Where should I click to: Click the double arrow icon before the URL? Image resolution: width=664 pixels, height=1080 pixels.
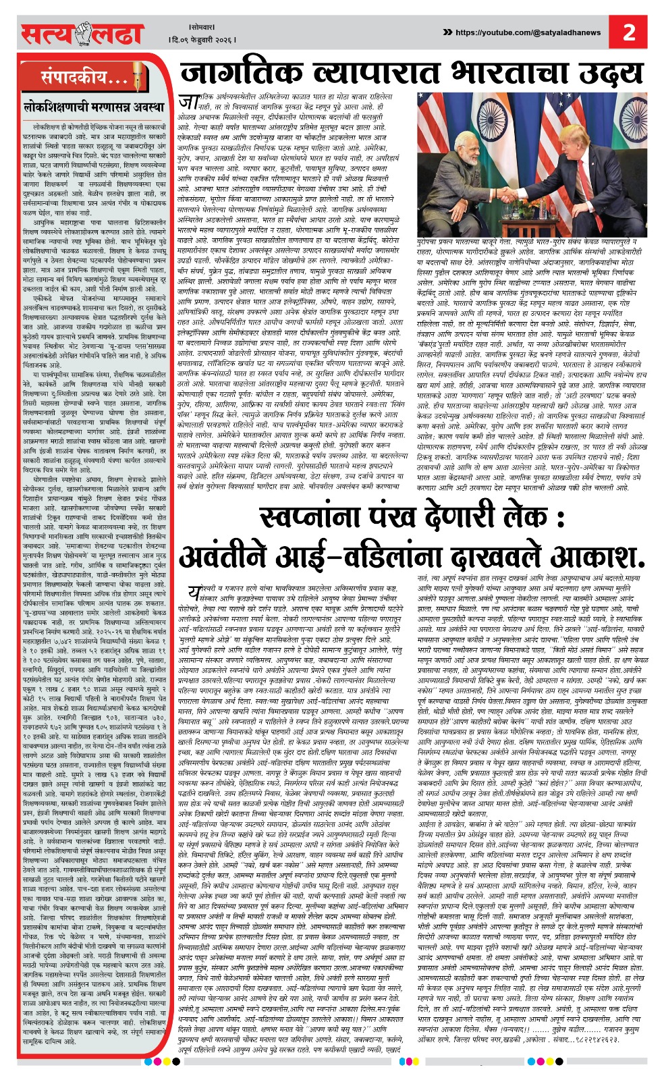(x=447, y=32)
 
